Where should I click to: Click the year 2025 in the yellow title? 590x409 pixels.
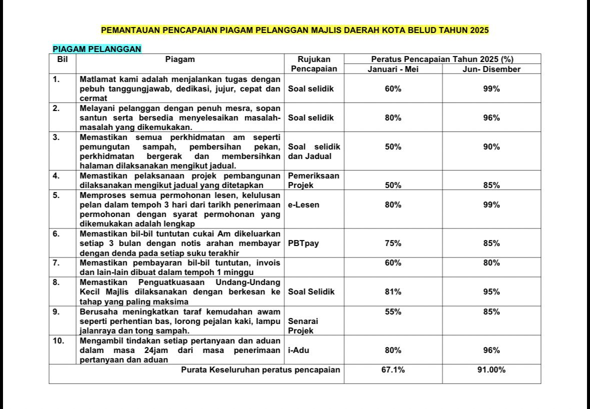(479, 30)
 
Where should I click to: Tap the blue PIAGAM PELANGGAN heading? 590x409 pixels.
(97, 49)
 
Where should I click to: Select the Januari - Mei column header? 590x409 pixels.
(393, 69)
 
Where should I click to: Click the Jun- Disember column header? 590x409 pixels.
(491, 69)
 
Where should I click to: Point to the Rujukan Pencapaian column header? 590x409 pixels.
(314, 64)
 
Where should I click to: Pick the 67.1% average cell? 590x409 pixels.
(393, 370)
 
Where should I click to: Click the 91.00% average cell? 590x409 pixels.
(491, 370)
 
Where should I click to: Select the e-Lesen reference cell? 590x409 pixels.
(303, 204)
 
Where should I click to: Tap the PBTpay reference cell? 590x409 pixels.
(303, 243)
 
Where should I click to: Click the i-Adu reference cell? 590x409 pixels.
(299, 350)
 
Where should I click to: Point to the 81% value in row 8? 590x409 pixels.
(393, 292)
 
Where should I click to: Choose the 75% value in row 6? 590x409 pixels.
(393, 243)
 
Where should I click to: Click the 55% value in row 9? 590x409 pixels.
(393, 312)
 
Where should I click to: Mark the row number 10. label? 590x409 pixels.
(60, 340)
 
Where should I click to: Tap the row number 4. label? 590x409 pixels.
(57, 175)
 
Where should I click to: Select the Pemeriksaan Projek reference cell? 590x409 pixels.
(314, 180)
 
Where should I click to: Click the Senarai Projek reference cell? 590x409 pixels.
(303, 326)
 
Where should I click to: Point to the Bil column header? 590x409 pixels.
(62, 59)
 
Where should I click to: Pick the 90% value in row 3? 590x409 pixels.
(491, 146)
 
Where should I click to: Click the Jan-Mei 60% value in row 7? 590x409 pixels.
(393, 263)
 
